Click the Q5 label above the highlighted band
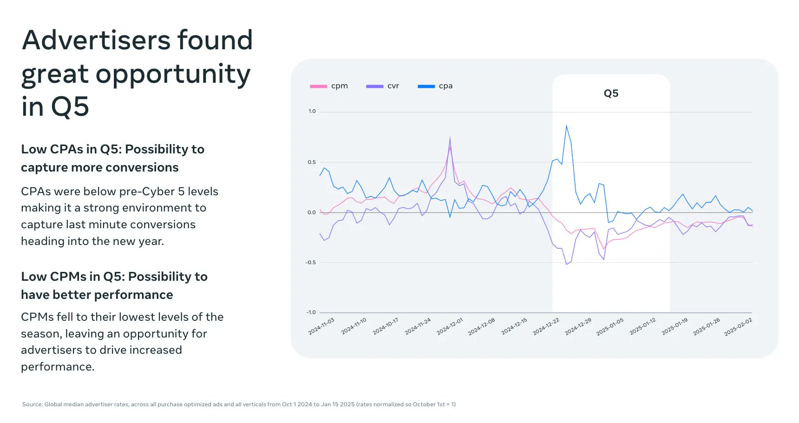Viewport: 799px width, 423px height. pyautogui.click(x=611, y=93)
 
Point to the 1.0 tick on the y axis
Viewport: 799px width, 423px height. pyautogui.click(x=312, y=112)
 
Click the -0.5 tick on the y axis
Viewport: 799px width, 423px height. pyautogui.click(x=310, y=263)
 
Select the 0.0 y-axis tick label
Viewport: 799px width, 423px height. pyautogui.click(x=311, y=212)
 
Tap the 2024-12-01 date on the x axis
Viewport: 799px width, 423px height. pyautogui.click(x=450, y=326)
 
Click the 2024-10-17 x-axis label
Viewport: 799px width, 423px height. pyautogui.click(x=386, y=326)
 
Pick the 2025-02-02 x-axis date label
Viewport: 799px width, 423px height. pyautogui.click(x=738, y=327)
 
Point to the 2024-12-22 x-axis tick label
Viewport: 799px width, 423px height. pyautogui.click(x=546, y=326)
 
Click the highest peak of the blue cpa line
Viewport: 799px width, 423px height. pyautogui.click(x=566, y=126)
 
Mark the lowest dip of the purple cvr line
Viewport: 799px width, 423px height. pyautogui.click(x=566, y=264)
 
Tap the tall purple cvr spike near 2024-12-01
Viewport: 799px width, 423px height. pyautogui.click(x=450, y=138)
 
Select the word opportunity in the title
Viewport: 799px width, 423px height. pyautogui.click(x=173, y=74)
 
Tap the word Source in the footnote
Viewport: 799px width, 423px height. pyautogui.click(x=32, y=404)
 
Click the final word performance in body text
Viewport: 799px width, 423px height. pyautogui.click(x=57, y=367)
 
